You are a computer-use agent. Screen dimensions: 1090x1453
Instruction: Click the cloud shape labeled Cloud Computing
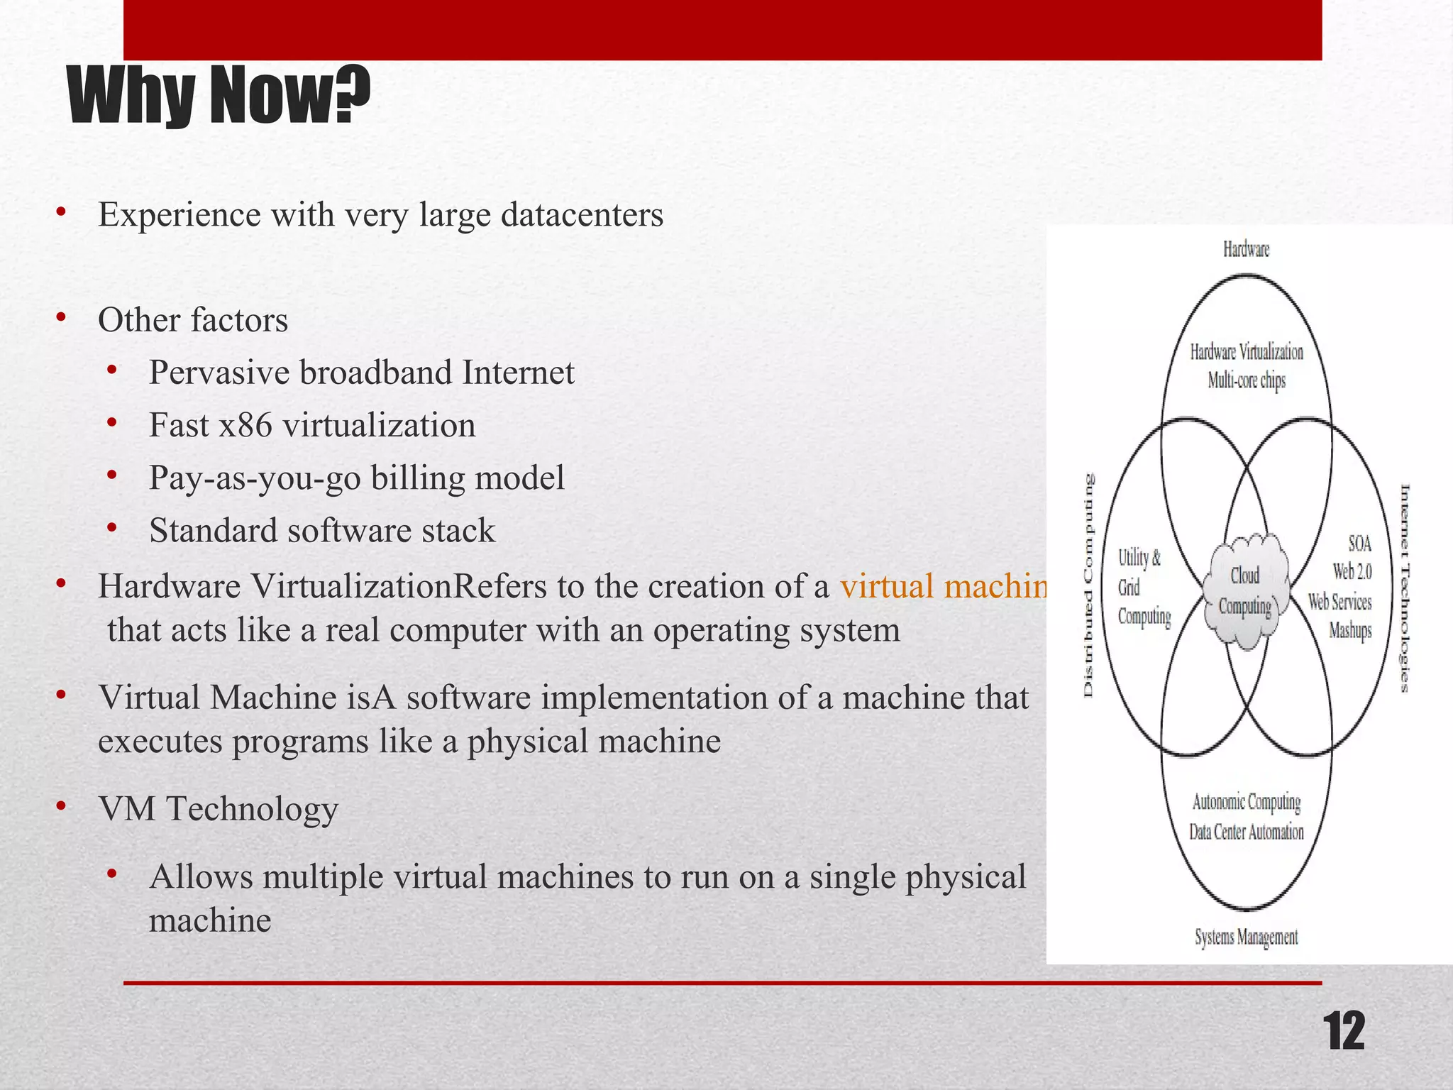(1245, 591)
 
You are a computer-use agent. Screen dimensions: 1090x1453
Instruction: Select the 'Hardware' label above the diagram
(1246, 249)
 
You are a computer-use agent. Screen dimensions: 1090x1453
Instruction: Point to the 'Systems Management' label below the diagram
(1246, 937)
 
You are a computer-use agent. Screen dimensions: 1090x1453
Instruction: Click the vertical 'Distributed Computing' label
(1089, 585)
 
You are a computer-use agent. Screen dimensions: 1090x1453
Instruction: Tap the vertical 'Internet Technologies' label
(1404, 588)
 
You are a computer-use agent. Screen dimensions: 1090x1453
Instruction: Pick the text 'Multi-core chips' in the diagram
(1247, 381)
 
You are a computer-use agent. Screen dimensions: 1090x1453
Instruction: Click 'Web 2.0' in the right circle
(1352, 571)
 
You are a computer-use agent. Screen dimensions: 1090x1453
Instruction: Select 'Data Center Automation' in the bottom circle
(1247, 832)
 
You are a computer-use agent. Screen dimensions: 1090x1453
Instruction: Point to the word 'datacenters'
(582, 215)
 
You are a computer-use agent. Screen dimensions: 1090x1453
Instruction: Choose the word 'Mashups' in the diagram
(1349, 630)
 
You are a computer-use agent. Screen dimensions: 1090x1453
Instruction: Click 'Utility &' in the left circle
(1139, 558)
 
